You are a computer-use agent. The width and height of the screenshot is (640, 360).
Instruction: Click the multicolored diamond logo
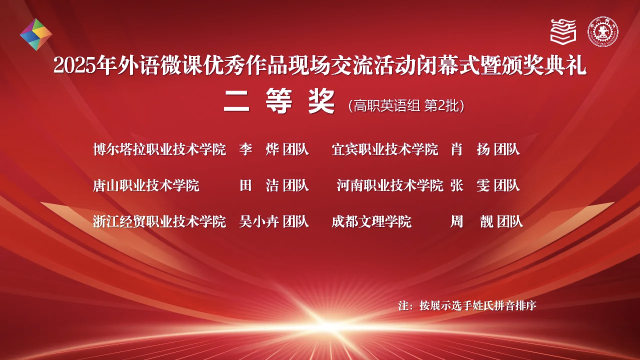click(x=36, y=34)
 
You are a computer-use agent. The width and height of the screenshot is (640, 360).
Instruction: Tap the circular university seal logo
click(x=603, y=31)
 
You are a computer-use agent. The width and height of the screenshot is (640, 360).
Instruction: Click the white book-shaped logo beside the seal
click(x=563, y=31)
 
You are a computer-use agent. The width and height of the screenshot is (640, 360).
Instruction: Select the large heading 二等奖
click(x=279, y=101)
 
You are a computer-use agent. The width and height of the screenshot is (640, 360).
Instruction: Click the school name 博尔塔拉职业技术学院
click(x=159, y=149)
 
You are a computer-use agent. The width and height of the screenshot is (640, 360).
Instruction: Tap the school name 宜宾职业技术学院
click(x=384, y=149)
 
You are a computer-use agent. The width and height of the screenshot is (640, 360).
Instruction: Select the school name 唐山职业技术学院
click(x=146, y=185)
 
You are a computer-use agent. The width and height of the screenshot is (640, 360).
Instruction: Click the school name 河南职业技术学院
click(x=390, y=185)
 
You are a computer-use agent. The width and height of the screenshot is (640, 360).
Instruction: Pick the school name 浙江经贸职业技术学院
click(x=159, y=221)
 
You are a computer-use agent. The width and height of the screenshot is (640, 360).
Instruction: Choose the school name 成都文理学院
click(x=371, y=221)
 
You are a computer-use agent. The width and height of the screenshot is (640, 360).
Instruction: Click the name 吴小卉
click(x=259, y=221)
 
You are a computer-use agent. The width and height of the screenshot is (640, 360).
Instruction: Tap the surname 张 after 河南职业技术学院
click(x=456, y=185)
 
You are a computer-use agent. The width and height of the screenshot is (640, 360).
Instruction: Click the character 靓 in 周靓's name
click(x=487, y=221)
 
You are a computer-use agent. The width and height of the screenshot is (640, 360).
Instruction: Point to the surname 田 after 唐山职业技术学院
click(x=245, y=185)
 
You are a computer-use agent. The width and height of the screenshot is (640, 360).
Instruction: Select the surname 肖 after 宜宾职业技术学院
click(x=456, y=149)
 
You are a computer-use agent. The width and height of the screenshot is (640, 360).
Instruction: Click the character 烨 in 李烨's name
click(x=272, y=149)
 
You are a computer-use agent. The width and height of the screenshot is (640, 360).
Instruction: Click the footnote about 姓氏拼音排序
click(x=467, y=305)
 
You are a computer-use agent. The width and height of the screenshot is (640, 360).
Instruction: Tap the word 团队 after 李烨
click(x=295, y=149)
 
